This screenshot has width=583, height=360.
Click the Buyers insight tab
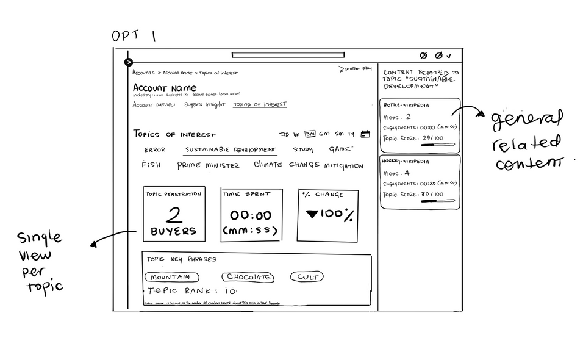pyautogui.click(x=204, y=105)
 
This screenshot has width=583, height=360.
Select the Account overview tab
pyautogui.click(x=154, y=105)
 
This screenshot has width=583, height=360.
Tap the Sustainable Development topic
pyautogui.click(x=230, y=149)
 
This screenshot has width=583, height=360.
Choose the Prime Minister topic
pyautogui.click(x=209, y=165)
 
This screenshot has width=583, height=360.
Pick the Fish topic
pyautogui.click(x=151, y=165)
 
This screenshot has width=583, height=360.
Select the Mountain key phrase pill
pyautogui.click(x=167, y=277)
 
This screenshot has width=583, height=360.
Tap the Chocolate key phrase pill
pyautogui.click(x=248, y=277)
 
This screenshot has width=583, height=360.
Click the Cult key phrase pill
pyautogui.click(x=307, y=277)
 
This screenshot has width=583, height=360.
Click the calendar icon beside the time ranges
pyautogui.click(x=366, y=134)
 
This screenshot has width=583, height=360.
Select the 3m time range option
pyautogui.click(x=310, y=134)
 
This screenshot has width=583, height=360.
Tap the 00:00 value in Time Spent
pyautogui.click(x=251, y=215)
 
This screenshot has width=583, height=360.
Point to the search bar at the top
pyautogui.click(x=287, y=56)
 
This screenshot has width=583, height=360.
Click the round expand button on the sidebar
pyautogui.click(x=129, y=62)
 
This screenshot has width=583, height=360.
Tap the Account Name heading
pyautogui.click(x=165, y=88)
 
